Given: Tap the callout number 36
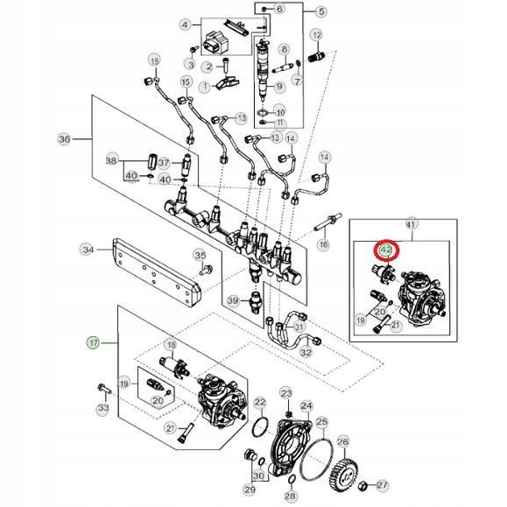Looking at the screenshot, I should [x=64, y=139].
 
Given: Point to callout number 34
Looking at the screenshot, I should [x=88, y=250].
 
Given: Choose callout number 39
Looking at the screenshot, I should [x=233, y=300].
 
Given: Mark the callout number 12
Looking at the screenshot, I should [x=317, y=35].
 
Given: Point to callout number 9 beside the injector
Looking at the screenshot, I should [x=280, y=87].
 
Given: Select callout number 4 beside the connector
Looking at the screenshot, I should [x=185, y=25].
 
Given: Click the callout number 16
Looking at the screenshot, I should [x=323, y=245].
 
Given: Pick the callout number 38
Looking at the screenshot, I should [x=111, y=160].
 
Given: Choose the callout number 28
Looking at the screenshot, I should [x=291, y=496].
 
